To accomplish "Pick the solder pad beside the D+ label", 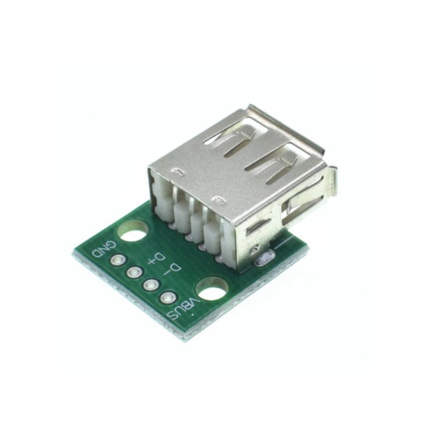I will (134, 273).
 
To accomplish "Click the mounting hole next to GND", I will (132, 233).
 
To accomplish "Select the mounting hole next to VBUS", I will (210, 288).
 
